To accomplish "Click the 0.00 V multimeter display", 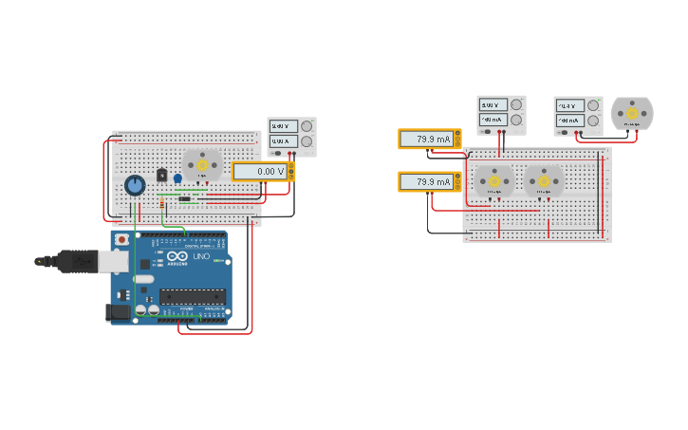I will click(258, 171).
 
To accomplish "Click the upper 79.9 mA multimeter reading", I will click(426, 139).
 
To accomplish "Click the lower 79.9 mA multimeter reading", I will click(426, 181).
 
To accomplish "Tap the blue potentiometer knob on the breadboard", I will click(135, 185).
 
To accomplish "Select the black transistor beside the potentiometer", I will click(162, 177).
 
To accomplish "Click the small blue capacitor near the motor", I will click(177, 178).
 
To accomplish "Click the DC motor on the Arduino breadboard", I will click(202, 165).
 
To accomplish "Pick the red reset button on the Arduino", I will click(121, 240).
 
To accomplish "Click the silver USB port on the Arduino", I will click(114, 260).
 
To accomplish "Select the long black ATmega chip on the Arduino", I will click(192, 295).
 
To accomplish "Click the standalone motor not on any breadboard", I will click(631, 113).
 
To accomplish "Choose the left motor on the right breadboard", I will click(493, 180).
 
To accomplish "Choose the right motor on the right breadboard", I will click(544, 180).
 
